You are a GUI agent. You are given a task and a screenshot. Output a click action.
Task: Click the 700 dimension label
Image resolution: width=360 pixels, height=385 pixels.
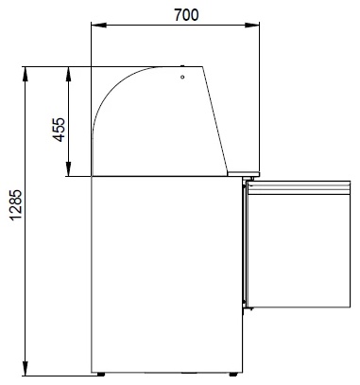pyautogui.click(x=186, y=15)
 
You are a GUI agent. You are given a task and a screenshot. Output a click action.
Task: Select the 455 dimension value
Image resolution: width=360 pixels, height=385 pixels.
pyautogui.click(x=59, y=130)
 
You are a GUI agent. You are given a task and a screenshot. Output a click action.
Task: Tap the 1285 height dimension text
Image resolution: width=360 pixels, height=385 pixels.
pyautogui.click(x=16, y=204)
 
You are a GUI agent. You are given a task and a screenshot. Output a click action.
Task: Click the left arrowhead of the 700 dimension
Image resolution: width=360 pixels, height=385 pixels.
pyautogui.click(x=98, y=26)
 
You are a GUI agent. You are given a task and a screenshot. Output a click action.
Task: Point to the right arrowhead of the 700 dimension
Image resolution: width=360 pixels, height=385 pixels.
pyautogui.click(x=252, y=26)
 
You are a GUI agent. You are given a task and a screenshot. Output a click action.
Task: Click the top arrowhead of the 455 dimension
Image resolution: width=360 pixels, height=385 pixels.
pyautogui.click(x=68, y=74)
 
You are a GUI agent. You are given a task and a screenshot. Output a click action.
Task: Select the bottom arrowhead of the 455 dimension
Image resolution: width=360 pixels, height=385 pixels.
pyautogui.click(x=68, y=168)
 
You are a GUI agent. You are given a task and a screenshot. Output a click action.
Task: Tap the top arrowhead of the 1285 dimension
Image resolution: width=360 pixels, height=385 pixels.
pyautogui.click(x=26, y=75)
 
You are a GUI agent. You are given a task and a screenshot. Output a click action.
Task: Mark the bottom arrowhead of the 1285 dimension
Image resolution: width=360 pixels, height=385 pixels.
pyautogui.click(x=26, y=368)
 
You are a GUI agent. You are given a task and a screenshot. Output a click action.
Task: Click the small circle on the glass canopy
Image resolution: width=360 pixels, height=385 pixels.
pyautogui.click(x=182, y=77)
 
